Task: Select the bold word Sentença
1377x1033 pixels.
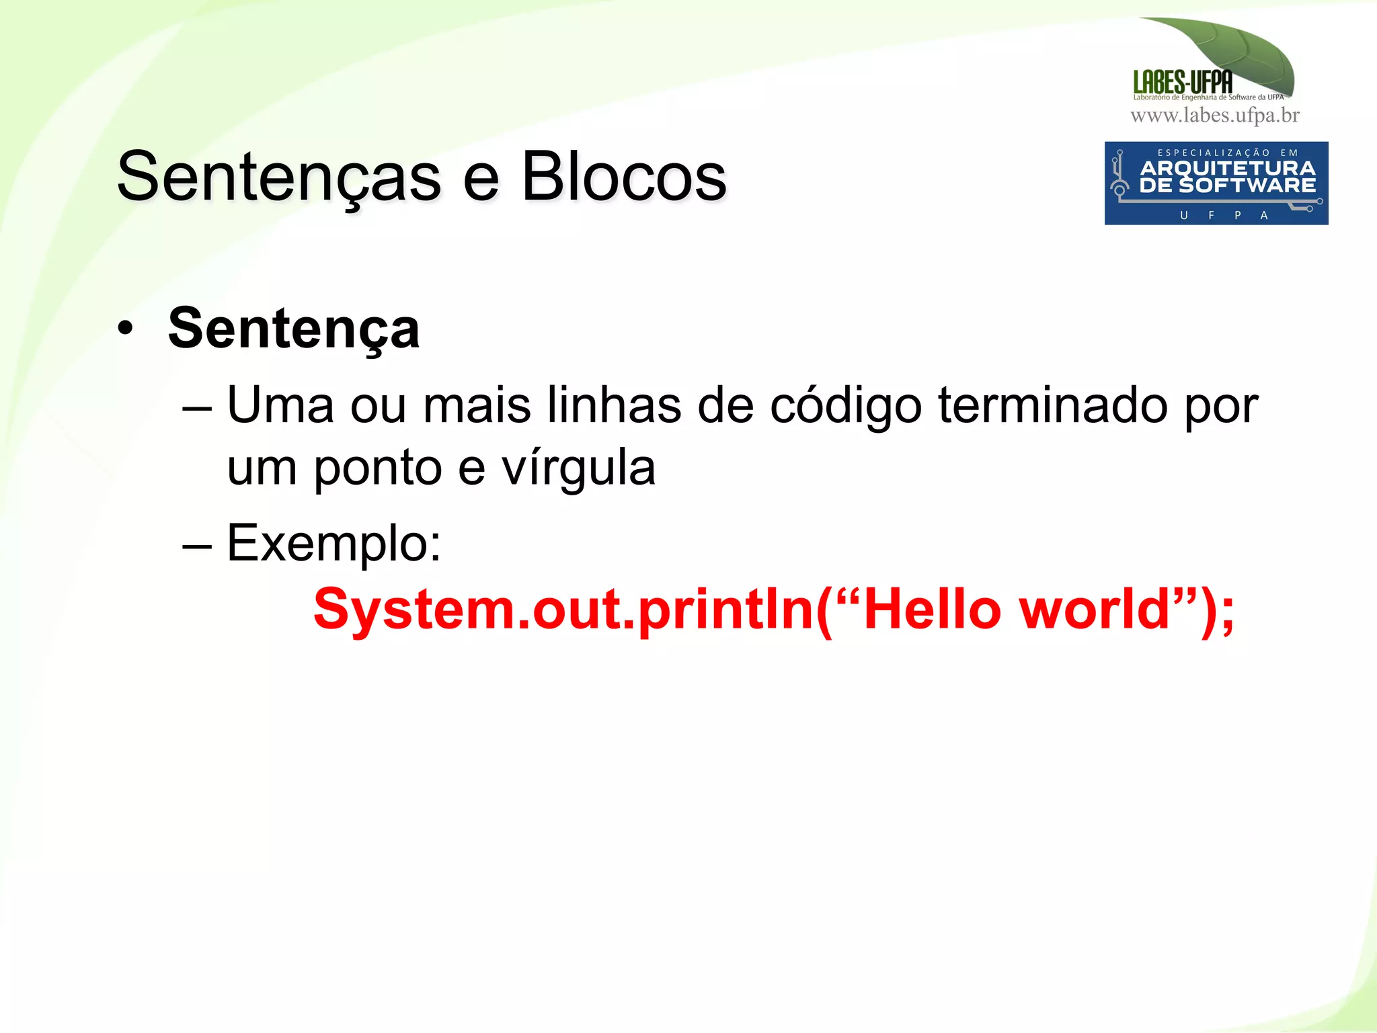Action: point(294,329)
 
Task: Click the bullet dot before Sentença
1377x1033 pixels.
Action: point(125,329)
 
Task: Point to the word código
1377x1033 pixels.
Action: point(845,406)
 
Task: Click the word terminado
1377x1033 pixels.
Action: point(1053,405)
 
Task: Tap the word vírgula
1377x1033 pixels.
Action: point(578,468)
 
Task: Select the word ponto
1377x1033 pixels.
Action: point(378,469)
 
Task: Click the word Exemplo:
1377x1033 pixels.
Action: point(334,543)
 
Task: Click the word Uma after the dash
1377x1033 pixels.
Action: point(280,405)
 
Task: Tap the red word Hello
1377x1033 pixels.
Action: point(933,609)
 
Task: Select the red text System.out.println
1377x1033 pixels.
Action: point(563,609)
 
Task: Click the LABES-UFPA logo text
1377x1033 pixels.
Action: point(1183,82)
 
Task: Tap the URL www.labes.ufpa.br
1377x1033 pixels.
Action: point(1214,116)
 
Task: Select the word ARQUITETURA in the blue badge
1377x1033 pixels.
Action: point(1227,168)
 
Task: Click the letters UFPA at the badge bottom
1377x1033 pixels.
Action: point(1224,215)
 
